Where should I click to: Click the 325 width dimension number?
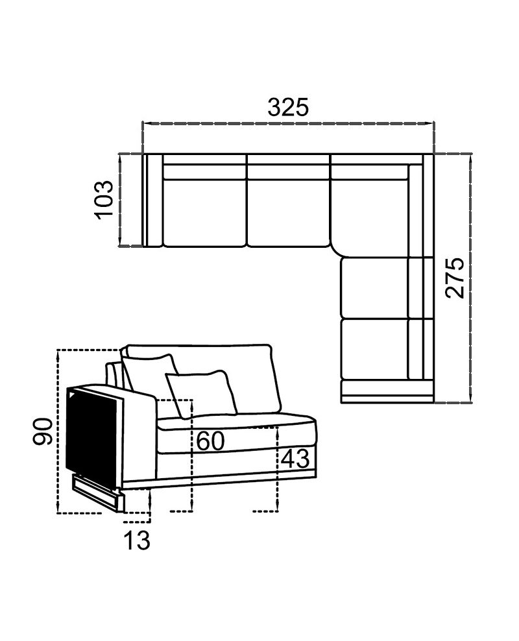289,108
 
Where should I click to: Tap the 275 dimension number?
455,278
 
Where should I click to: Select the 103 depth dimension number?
104,199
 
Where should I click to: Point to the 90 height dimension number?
43,431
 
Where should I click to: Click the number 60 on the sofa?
211,441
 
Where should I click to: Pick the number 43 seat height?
295,459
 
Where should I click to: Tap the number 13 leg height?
137,540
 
